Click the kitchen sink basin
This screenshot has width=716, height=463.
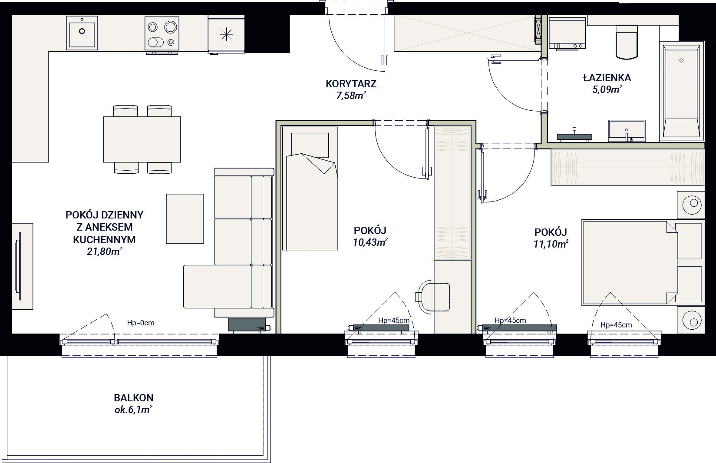pos(82,33)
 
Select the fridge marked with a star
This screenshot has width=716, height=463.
pos(226,34)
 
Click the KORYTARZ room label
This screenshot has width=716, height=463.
pos(351,84)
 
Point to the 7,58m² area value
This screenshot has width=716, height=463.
pos(351,95)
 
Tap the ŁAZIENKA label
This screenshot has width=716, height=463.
pos(607,77)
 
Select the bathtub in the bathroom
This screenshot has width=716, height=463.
pos(681,91)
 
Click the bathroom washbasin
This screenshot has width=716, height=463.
pos(627,131)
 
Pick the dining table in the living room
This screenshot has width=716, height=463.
pos(142,139)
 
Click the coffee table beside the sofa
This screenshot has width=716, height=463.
pos(185,218)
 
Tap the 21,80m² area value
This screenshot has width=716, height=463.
pos(104,251)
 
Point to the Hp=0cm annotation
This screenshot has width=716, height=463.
pos(141,323)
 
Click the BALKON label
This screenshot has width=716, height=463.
pos(134,398)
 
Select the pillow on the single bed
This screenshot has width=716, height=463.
pos(310,145)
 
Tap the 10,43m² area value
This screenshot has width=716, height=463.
pos(370,242)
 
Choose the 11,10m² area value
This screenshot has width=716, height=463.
pos(551,244)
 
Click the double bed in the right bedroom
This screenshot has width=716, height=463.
pos(630,262)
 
